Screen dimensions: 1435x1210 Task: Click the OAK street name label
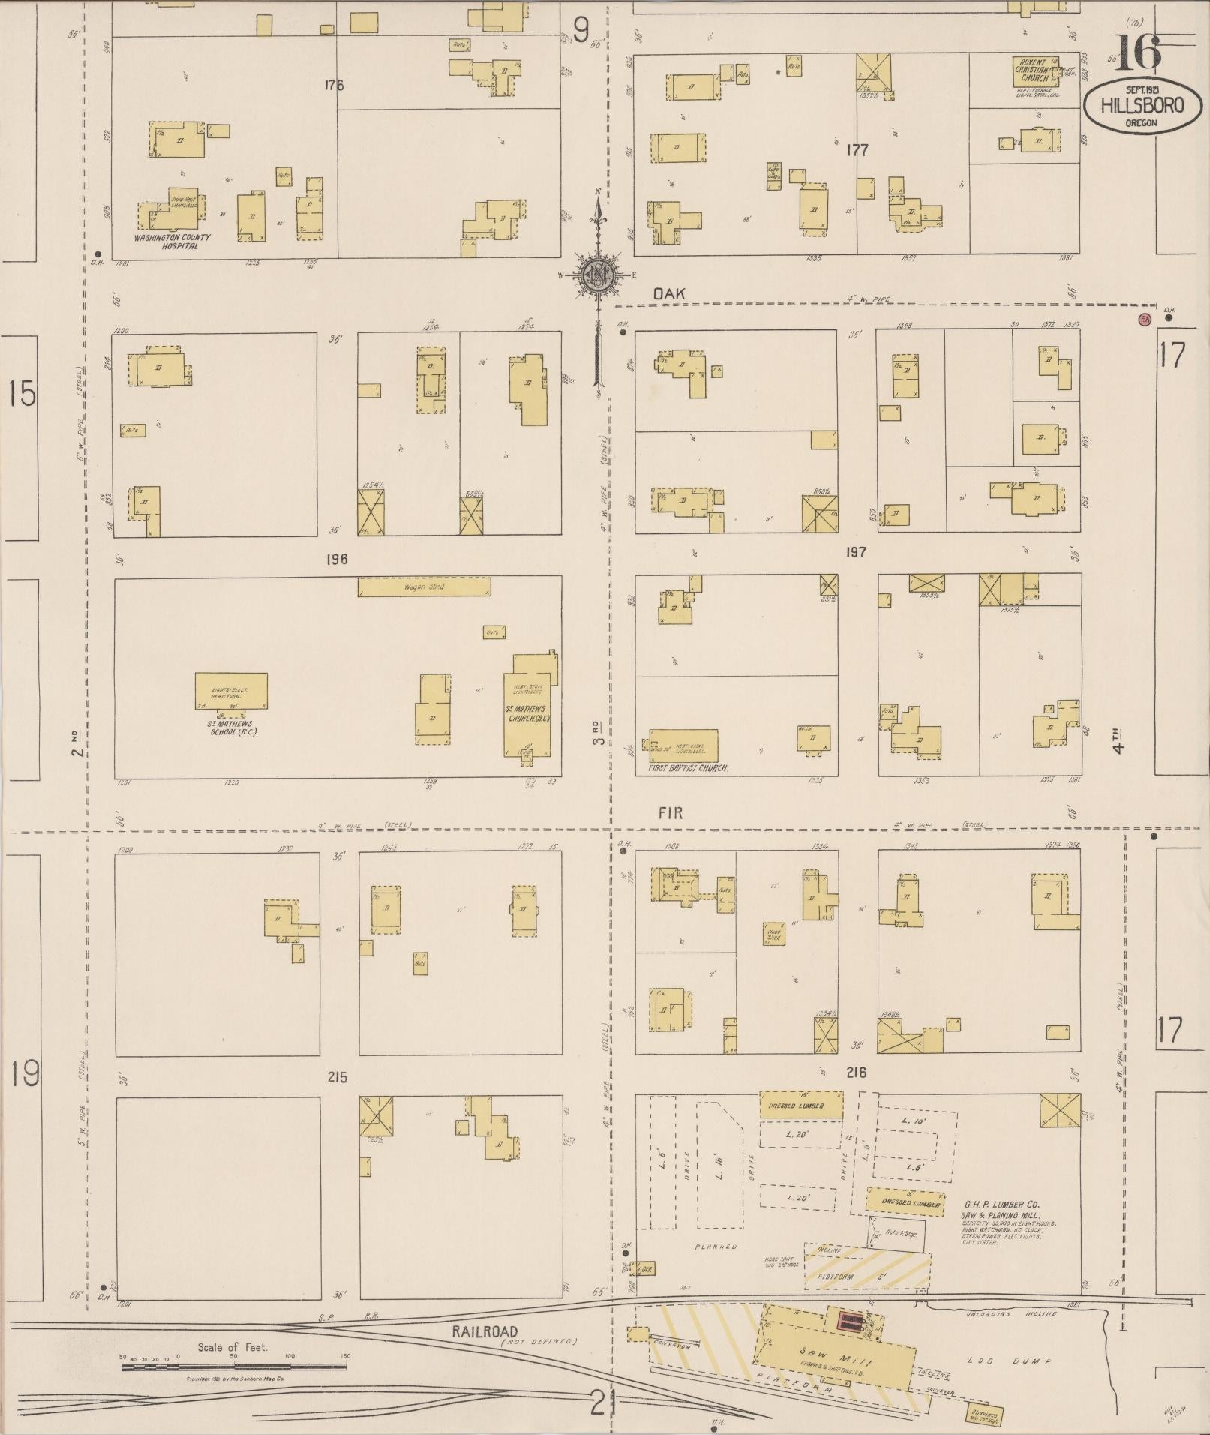(x=668, y=294)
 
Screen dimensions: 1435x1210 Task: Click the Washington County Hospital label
(x=173, y=241)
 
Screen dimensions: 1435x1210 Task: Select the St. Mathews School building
(x=231, y=691)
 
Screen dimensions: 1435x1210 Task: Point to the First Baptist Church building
(x=683, y=746)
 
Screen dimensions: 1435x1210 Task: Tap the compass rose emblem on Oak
(x=598, y=274)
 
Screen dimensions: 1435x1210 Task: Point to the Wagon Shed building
(x=425, y=587)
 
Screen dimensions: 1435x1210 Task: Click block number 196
(x=336, y=559)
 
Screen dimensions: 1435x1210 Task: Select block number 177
(x=857, y=150)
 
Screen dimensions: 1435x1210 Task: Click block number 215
(x=337, y=1077)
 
